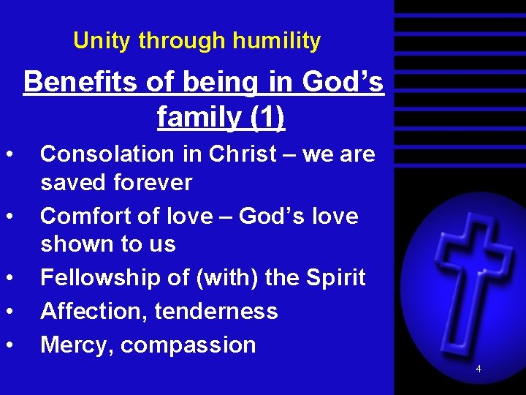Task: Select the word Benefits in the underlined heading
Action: (81, 83)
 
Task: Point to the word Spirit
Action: (332, 278)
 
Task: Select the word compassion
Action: (188, 345)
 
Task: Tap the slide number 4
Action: (479, 369)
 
